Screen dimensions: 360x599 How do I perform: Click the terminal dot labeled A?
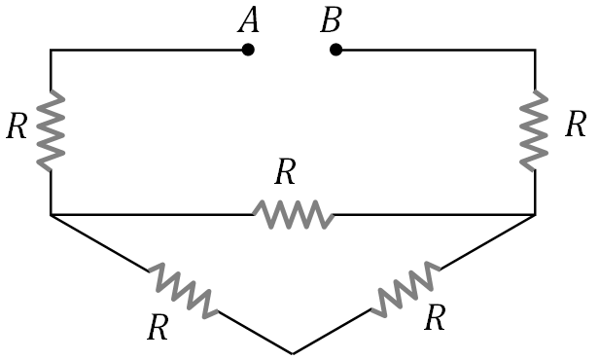pos(248,50)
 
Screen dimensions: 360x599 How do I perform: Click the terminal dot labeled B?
pos(335,50)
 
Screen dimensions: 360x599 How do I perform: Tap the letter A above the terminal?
pos(248,22)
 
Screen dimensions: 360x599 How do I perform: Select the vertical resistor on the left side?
pos(51,129)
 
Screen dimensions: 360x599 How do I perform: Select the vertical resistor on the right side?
pos(535,129)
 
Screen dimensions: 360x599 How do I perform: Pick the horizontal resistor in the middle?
pos(293,213)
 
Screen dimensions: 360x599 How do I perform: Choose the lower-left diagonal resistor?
pos(183,289)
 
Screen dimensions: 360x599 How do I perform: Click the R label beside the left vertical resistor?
pos(17,127)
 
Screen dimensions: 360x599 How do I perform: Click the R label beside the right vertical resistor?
pos(576,125)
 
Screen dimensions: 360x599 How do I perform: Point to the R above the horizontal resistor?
pos(284,173)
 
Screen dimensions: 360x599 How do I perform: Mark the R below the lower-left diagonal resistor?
pos(158,328)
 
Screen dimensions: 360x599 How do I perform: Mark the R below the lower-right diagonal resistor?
pos(437,317)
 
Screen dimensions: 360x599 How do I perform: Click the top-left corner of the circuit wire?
pos(51,50)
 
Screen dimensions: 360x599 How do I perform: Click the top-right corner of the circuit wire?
pos(535,50)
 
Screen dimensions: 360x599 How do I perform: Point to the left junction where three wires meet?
pos(51,213)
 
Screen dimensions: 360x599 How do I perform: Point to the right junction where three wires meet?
pos(535,213)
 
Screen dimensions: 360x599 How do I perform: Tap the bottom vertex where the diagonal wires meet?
pos(293,352)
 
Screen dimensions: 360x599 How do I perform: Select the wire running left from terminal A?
pos(146,50)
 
